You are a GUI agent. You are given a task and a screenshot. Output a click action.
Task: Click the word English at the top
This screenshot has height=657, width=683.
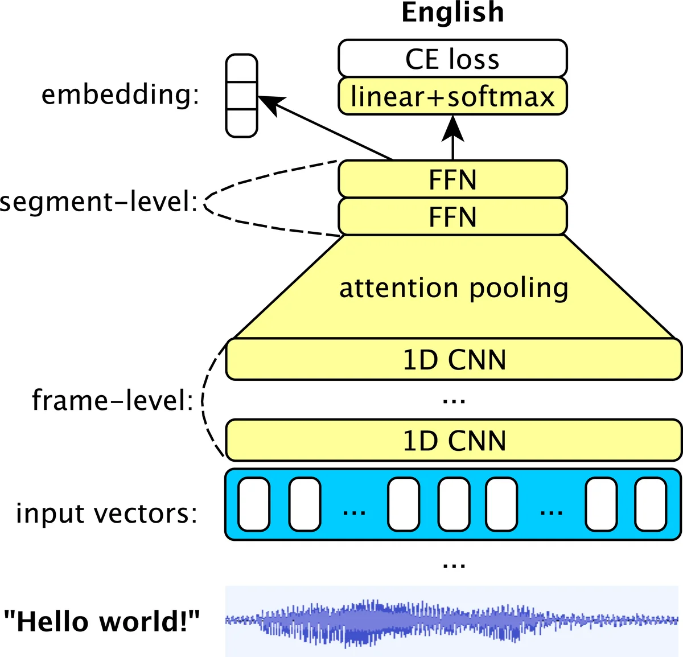pyautogui.click(x=452, y=13)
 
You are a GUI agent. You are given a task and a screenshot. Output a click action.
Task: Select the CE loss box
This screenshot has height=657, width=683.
pyautogui.click(x=452, y=59)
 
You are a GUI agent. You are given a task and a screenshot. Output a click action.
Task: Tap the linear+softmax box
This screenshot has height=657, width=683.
pyautogui.click(x=452, y=96)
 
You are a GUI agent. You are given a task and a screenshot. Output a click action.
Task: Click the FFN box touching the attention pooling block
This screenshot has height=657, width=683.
pyautogui.click(x=452, y=217)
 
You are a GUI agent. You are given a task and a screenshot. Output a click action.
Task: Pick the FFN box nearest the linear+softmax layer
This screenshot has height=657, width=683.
pyautogui.click(x=452, y=180)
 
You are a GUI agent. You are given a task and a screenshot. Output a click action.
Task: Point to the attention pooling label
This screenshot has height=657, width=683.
pyautogui.click(x=454, y=288)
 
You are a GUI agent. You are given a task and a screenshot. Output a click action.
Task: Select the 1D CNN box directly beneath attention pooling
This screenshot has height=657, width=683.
pyautogui.click(x=454, y=360)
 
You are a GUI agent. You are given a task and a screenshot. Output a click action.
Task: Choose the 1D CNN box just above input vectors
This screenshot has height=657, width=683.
pyautogui.click(x=454, y=441)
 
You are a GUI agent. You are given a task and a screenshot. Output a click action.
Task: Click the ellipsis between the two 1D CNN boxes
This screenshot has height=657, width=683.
pyautogui.click(x=454, y=401)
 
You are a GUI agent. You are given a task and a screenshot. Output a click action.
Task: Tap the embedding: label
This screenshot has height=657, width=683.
pyautogui.click(x=121, y=95)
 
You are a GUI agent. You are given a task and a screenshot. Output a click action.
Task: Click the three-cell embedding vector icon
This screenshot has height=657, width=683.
pyautogui.click(x=241, y=96)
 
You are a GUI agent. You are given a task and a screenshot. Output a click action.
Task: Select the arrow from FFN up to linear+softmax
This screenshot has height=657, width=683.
pyautogui.click(x=453, y=137)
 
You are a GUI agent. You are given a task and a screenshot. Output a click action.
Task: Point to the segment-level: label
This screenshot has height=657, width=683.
pyautogui.click(x=98, y=202)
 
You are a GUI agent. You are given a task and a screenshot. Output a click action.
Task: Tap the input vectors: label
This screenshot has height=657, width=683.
pyautogui.click(x=106, y=513)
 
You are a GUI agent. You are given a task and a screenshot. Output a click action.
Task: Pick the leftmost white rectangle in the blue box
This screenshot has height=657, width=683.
pyautogui.click(x=254, y=504)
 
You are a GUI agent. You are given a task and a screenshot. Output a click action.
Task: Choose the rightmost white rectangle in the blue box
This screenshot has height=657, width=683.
pyautogui.click(x=651, y=504)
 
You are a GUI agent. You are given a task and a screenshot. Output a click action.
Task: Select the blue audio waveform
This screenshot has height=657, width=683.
pyautogui.click(x=452, y=621)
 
